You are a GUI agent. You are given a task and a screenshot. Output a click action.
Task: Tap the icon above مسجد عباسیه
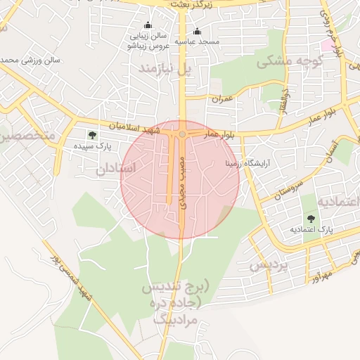pyautogui.click(x=197, y=31)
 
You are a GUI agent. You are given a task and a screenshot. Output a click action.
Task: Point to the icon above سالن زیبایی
pyautogui.click(x=148, y=25)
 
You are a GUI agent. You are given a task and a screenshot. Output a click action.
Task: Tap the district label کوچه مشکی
pyautogui.click(x=282, y=62)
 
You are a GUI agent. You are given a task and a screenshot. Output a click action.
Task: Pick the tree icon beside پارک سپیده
pyautogui.click(x=91, y=134)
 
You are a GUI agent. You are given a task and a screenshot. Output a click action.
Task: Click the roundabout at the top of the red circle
pyautogui.click(x=182, y=133)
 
